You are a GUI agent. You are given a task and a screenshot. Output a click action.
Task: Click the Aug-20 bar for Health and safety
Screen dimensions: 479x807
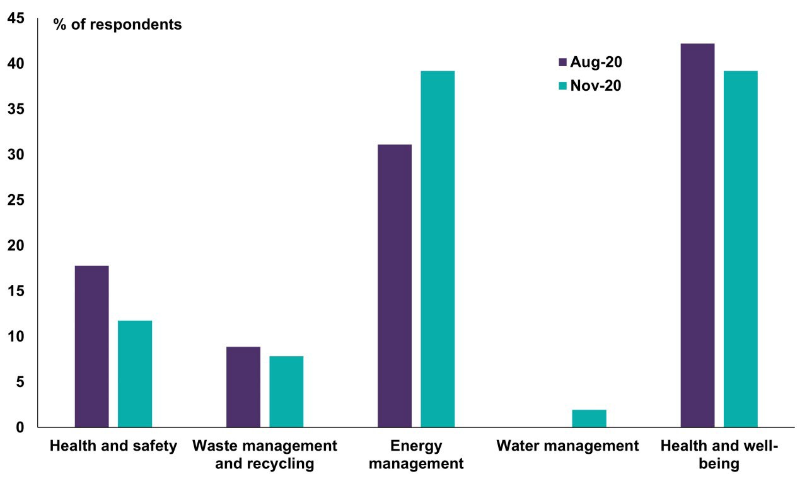pyautogui.click(x=91, y=347)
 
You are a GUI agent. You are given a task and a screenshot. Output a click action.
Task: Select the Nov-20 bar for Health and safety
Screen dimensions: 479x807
pyautogui.click(x=135, y=374)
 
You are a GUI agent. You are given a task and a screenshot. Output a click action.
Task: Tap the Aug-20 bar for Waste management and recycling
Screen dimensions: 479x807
pyautogui.click(x=243, y=387)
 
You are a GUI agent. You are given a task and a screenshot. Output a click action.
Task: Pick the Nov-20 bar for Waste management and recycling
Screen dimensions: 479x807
pyautogui.click(x=286, y=391)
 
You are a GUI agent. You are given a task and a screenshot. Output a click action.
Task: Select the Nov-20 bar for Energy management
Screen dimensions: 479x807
pyautogui.click(x=438, y=249)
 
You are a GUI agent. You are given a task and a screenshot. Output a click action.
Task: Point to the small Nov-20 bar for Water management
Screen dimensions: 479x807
pyautogui.click(x=589, y=418)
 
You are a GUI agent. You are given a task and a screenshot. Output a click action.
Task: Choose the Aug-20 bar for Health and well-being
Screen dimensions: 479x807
pyautogui.click(x=697, y=235)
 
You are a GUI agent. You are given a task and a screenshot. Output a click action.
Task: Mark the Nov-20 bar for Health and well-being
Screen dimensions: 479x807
pyautogui.click(x=740, y=249)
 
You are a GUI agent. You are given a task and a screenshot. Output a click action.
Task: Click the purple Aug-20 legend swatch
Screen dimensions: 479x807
pyautogui.click(x=563, y=62)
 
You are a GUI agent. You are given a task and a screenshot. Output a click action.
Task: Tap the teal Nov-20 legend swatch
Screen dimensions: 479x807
pyautogui.click(x=563, y=86)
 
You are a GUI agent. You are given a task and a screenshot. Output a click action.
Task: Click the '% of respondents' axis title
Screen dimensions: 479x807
pyautogui.click(x=117, y=25)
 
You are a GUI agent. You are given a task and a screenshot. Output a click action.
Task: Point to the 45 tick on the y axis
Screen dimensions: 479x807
pyautogui.click(x=16, y=19)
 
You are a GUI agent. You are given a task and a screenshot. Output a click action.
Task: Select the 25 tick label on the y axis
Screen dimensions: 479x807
pyautogui.click(x=16, y=200)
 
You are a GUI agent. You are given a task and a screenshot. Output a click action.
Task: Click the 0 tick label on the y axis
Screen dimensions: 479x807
pyautogui.click(x=20, y=427)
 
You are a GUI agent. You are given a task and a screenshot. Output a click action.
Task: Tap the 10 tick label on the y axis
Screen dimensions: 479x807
pyautogui.click(x=16, y=337)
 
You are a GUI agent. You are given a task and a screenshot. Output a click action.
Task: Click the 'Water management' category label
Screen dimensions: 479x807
pyautogui.click(x=567, y=446)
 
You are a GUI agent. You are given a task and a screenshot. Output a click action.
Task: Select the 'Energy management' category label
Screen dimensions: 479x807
pyautogui.click(x=416, y=455)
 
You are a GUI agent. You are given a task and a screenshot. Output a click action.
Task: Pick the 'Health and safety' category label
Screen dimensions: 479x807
pyautogui.click(x=113, y=446)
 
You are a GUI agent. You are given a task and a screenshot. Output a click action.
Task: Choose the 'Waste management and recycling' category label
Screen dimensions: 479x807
pyautogui.click(x=265, y=455)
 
